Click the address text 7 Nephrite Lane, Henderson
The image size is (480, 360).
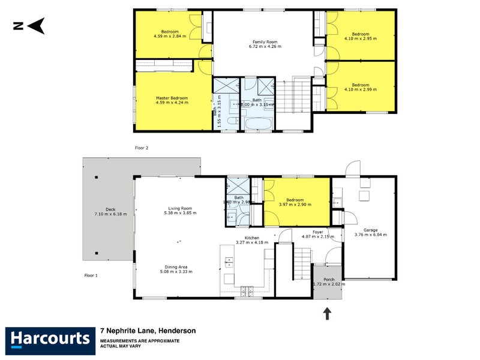point(148,331)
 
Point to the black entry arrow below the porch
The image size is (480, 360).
point(328,313)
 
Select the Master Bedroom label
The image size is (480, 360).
point(172,98)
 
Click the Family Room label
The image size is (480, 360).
point(265,41)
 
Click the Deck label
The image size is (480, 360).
point(111,209)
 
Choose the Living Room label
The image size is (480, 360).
point(180,209)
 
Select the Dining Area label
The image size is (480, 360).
point(180,267)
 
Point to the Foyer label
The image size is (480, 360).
point(318,231)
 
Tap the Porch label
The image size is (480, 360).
point(329,279)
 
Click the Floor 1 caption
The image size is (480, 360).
point(92,275)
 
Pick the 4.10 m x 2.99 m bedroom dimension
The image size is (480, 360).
point(361,89)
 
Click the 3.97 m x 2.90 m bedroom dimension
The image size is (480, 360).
point(295,205)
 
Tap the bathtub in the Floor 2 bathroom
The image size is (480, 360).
point(257,124)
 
